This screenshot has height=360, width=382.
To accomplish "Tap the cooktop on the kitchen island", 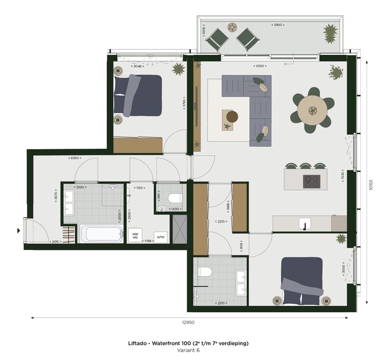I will [x=311, y=181].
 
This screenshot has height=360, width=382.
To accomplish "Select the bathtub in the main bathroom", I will [x=102, y=234].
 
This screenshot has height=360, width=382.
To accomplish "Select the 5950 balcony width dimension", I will [x=279, y=25].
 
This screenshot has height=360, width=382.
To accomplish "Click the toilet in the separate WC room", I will [x=174, y=198].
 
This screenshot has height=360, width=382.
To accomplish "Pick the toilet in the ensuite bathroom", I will [x=205, y=272].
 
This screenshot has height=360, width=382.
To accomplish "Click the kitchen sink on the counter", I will [x=305, y=223].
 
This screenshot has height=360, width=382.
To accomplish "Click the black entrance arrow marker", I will [x=19, y=231].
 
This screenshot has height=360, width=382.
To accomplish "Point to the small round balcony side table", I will [x=232, y=27].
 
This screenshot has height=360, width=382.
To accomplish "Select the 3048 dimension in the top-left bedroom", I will [x=137, y=66].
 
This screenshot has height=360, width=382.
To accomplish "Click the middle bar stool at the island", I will [x=305, y=166].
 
